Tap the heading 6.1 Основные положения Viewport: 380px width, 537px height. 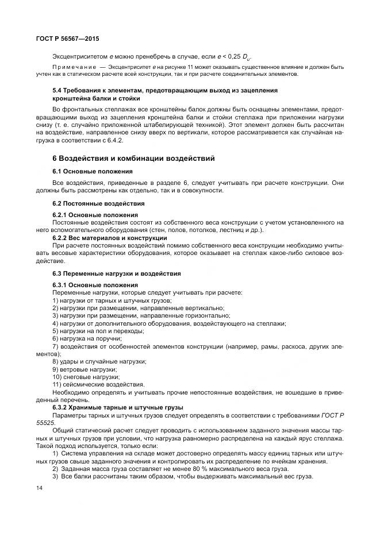[x=93, y=171]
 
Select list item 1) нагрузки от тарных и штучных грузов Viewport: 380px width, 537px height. [x=112, y=300]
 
